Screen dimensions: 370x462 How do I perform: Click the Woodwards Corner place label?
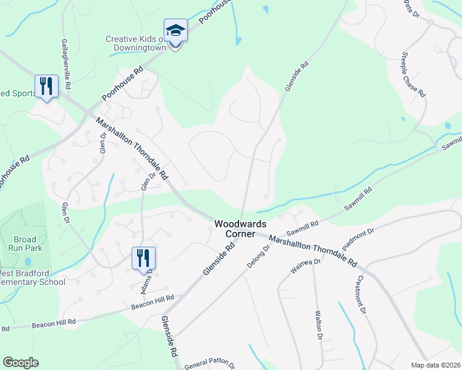[235, 229]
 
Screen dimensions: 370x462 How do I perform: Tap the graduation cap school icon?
[175, 31]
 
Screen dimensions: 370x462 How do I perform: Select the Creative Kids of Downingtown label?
[136, 43]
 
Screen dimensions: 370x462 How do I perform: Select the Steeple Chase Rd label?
[415, 74]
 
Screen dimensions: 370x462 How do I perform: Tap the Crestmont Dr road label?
[362, 293]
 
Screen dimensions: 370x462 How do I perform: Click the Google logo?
[21, 363]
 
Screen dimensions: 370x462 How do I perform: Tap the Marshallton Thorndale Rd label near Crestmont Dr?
[313, 251]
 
